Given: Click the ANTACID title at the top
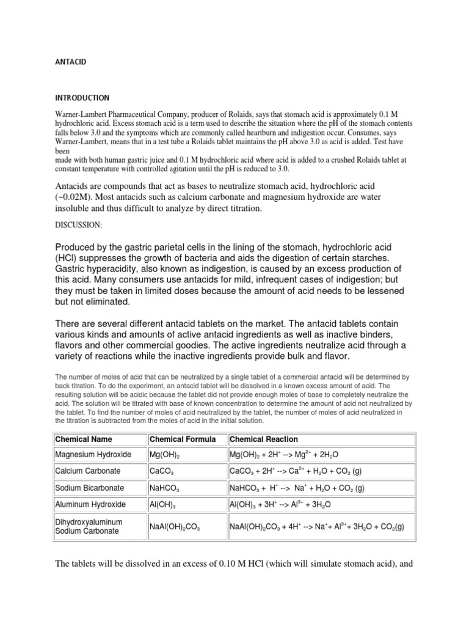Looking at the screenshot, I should (67, 62).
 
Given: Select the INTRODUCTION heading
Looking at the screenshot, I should (82, 98).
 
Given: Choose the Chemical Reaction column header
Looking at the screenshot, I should (264, 439).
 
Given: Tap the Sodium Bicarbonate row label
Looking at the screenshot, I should (89, 488).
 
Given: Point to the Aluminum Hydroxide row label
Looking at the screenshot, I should (90, 504).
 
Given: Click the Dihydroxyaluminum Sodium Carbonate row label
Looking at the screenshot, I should (89, 526).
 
